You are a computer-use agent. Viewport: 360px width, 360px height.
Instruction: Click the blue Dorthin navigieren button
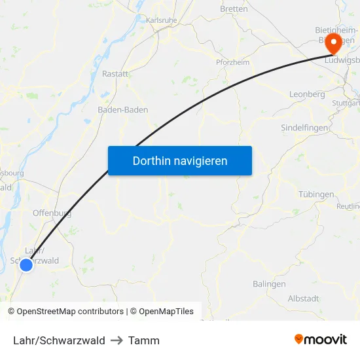(x=180, y=160)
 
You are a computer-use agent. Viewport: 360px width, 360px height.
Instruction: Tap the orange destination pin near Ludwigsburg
(x=333, y=43)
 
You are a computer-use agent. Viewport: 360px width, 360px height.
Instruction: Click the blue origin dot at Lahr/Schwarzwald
(x=26, y=264)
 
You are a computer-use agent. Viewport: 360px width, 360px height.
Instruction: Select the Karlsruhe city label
(x=161, y=20)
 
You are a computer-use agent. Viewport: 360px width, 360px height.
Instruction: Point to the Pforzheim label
(x=232, y=62)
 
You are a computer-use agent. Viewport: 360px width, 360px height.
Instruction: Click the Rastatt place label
(x=115, y=74)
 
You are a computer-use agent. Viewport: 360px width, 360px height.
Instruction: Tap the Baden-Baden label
(x=122, y=110)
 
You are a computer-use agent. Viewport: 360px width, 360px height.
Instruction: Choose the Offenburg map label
(x=52, y=213)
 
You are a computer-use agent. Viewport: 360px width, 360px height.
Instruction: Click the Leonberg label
(x=307, y=94)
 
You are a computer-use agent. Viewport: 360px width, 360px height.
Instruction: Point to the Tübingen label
(x=316, y=194)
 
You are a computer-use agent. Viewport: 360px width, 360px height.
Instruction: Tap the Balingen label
(x=269, y=284)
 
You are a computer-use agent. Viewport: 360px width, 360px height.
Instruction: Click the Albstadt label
(x=304, y=298)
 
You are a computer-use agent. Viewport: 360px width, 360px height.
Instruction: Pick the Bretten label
(x=234, y=9)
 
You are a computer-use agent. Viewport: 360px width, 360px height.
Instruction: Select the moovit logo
(x=321, y=339)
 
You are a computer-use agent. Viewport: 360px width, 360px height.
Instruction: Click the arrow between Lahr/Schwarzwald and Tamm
(x=117, y=340)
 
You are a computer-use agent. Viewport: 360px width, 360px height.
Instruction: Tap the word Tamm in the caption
(x=144, y=340)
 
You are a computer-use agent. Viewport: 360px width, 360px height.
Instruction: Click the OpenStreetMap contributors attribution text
(x=65, y=312)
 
